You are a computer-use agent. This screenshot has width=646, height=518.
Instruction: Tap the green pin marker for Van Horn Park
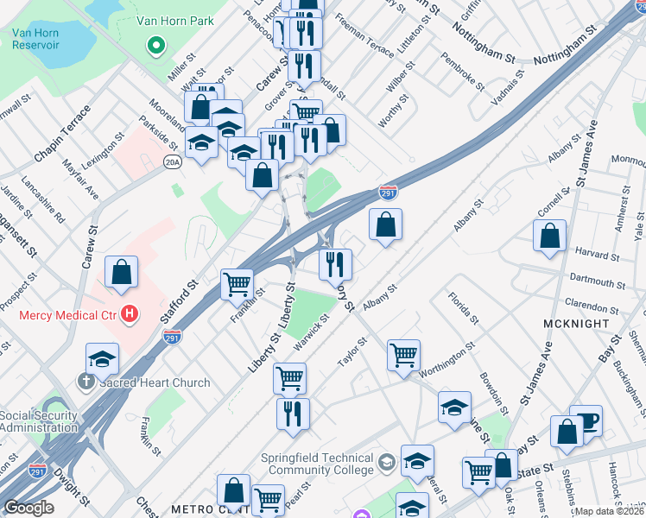click(x=156, y=45)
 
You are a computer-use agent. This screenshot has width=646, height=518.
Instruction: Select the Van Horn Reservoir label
click(x=35, y=39)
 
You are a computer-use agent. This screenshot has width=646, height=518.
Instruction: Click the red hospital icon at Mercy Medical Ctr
click(x=129, y=315)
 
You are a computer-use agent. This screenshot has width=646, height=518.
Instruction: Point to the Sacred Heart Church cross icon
click(x=86, y=382)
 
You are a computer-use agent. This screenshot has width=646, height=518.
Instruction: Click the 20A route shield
click(x=173, y=162)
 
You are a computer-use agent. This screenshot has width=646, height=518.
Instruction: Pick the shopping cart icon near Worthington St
click(x=403, y=355)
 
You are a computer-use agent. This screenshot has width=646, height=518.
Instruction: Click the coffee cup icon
click(x=586, y=420)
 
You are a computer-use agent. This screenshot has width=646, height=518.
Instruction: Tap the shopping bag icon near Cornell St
click(x=549, y=236)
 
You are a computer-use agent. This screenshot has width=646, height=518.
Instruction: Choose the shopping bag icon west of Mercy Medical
click(x=122, y=272)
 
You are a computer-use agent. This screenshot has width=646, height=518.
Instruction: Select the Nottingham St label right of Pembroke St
click(x=567, y=59)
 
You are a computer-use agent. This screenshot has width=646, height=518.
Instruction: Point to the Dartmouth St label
click(x=598, y=282)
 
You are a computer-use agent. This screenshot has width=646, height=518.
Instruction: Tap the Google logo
click(x=28, y=509)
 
